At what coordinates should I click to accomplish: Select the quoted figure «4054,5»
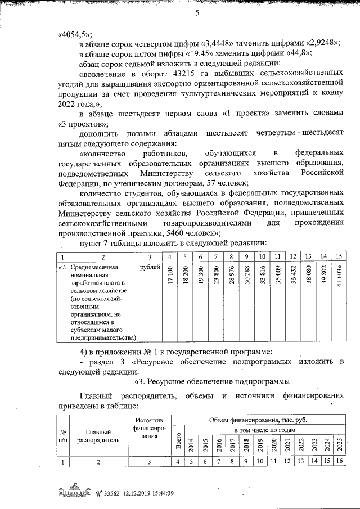[75, 33]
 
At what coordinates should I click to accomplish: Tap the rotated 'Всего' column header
[178, 442]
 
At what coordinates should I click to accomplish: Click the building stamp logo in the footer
[74, 493]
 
